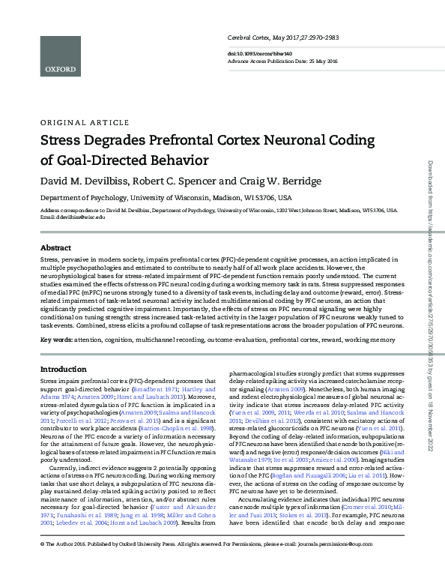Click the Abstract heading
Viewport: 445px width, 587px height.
55,247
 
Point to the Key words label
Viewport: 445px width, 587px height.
56,340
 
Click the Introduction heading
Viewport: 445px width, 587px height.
63,370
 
